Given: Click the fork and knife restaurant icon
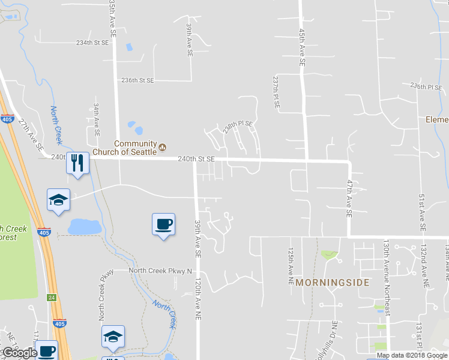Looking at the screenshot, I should (x=77, y=163).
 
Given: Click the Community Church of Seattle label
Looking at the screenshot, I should (x=135, y=148).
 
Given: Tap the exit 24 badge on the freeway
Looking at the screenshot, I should (x=52, y=297).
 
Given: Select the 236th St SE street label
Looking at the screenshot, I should (x=137, y=80).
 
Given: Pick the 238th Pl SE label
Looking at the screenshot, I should (x=238, y=127).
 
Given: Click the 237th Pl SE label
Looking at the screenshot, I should (x=276, y=92).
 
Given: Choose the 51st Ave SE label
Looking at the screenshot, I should (x=422, y=212).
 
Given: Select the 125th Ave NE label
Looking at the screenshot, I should (x=290, y=259).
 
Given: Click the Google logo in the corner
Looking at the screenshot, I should (x=20, y=353).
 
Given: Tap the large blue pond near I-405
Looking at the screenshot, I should (x=85, y=227).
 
